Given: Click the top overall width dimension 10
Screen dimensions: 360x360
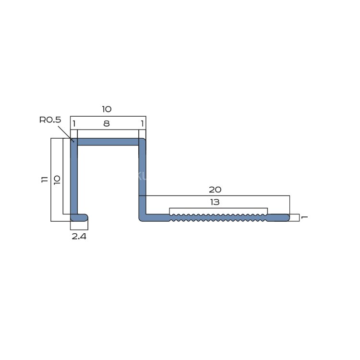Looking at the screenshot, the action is point(107,109).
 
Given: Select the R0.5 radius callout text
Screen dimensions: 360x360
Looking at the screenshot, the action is point(50,120).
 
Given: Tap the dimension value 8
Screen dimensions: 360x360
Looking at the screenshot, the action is point(107,123).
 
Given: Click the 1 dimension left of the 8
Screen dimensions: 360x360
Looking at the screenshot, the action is point(74,123).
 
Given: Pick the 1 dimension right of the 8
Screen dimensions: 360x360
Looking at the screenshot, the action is point(143,123).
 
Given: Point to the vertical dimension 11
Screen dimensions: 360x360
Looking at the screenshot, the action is point(45,180).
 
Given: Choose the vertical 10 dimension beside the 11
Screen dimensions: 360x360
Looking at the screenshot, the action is point(57,180).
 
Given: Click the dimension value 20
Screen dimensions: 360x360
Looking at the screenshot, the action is point(215,190).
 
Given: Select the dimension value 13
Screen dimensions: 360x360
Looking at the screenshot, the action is point(215,202).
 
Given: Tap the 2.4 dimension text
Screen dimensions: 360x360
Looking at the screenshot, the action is point(79,236).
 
